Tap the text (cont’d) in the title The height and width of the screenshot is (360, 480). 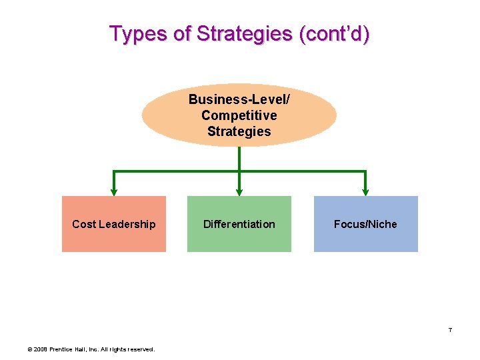334,33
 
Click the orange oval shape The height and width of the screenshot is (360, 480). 167,115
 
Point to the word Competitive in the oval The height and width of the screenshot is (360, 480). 239,115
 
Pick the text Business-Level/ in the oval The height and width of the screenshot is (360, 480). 239,99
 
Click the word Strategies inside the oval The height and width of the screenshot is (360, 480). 239,131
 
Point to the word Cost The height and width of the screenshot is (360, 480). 83,224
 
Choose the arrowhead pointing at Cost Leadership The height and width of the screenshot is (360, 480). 114,191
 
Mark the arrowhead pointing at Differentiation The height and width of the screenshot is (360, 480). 239,191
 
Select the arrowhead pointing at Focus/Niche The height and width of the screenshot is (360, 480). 365,191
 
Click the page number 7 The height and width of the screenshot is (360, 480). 450,330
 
